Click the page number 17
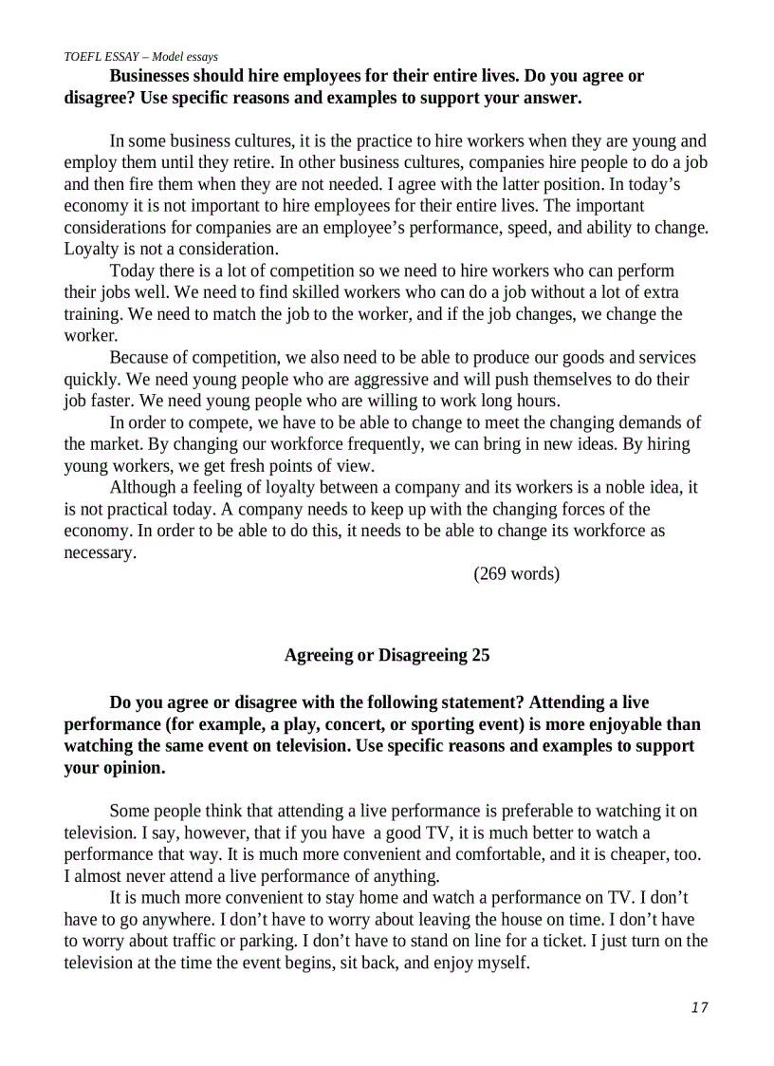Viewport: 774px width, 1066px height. [699, 1007]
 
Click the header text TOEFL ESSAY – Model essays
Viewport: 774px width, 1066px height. [140, 57]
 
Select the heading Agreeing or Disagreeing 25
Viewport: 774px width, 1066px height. [387, 655]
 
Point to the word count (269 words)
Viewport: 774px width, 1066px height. [516, 573]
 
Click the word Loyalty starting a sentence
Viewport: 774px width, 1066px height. [91, 249]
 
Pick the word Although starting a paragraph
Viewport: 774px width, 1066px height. [142, 488]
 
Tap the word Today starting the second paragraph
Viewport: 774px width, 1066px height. [133, 271]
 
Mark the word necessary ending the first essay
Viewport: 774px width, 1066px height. [99, 552]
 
